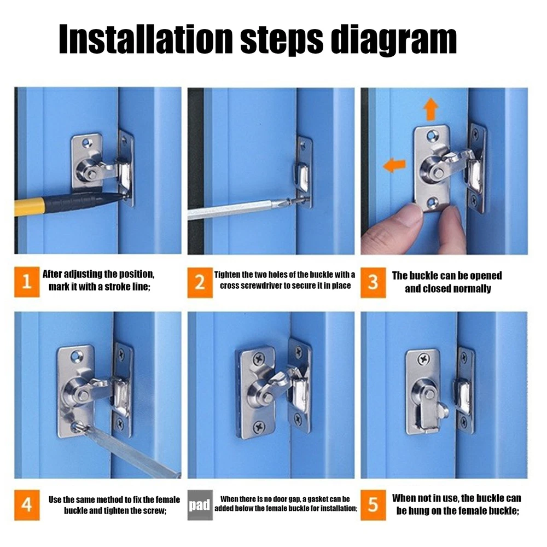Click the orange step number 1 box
coord(27,282)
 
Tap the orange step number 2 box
coord(200,283)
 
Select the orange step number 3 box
coord(373,283)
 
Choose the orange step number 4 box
coord(27,505)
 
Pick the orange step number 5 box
coord(373,505)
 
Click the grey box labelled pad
coord(200,505)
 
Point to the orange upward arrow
coord(431,109)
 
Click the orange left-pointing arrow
coord(394,165)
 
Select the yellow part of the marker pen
coord(30,207)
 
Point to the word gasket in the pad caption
coord(318,499)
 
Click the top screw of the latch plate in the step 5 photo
coord(423,358)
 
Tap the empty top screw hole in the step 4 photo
coord(77,356)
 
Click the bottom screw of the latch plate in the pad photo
coord(259,426)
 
